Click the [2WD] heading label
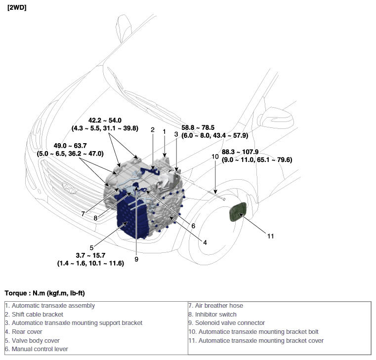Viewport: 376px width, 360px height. pyautogui.click(x=17, y=7)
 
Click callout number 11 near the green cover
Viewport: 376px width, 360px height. pyautogui.click(x=270, y=236)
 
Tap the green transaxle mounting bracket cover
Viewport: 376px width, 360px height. pyautogui.click(x=238, y=212)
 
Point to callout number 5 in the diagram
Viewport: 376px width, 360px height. pyautogui.click(x=91, y=247)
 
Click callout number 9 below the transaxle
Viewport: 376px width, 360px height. pyautogui.click(x=136, y=259)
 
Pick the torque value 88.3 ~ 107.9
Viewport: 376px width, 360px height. pyautogui.click(x=240, y=152)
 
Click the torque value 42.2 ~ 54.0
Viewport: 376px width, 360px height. pyautogui.click(x=105, y=120)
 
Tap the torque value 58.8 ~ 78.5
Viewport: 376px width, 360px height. pyautogui.click(x=198, y=127)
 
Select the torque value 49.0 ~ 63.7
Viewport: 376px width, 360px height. pyautogui.click(x=70, y=146)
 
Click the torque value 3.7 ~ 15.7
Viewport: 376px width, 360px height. pyautogui.click(x=90, y=255)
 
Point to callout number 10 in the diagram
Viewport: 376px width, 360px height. pyautogui.click(x=215, y=157)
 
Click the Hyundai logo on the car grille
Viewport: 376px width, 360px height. pyautogui.click(x=69, y=188)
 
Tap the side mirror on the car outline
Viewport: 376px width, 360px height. pyautogui.click(x=275, y=118)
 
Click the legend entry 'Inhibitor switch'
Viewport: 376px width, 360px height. pyautogui.click(x=212, y=314)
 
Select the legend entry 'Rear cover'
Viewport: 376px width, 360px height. pyautogui.click(x=24, y=332)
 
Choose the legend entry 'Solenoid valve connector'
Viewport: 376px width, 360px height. pyautogui.click(x=227, y=323)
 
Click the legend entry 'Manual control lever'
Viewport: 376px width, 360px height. pyautogui.click(x=37, y=349)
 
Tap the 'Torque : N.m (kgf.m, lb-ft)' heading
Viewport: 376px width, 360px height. pyautogui.click(x=44, y=293)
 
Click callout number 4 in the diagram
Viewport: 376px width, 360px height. pyautogui.click(x=205, y=242)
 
